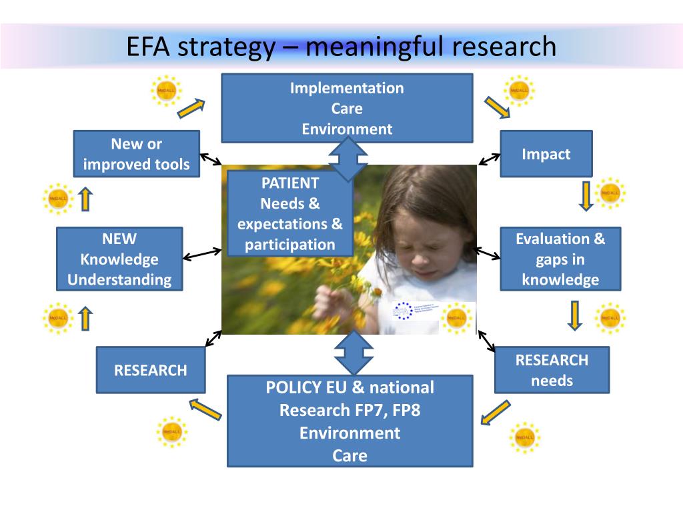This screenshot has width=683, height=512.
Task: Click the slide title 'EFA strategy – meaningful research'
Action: [341, 47]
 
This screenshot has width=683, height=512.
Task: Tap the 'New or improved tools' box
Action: [136, 154]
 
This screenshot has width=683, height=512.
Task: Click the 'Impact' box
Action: [546, 154]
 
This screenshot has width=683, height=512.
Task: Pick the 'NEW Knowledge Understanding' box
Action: [119, 259]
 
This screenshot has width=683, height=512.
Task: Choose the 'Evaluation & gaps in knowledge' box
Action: [560, 259]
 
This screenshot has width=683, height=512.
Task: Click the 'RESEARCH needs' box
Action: [552, 370]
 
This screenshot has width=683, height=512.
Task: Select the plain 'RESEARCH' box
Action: [151, 370]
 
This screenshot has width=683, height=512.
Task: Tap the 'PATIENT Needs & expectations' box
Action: [289, 213]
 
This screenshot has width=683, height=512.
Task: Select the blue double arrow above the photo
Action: [348, 159]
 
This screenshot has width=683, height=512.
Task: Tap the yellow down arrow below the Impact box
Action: [585, 195]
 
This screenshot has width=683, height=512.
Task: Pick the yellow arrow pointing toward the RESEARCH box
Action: [205, 409]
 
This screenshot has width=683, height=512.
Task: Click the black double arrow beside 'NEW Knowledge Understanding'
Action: [202, 254]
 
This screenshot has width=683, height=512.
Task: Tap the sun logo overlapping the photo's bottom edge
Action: [456, 317]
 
